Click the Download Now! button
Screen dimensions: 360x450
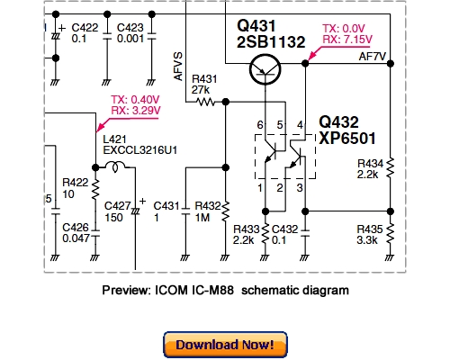(225, 345)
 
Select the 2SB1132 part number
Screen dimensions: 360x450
(271, 41)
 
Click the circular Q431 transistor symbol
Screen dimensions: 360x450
(266, 67)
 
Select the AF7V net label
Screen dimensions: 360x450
(373, 56)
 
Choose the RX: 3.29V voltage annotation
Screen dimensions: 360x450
(135, 111)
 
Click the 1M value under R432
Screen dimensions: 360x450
(203, 218)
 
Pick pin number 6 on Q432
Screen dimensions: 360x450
(261, 123)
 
